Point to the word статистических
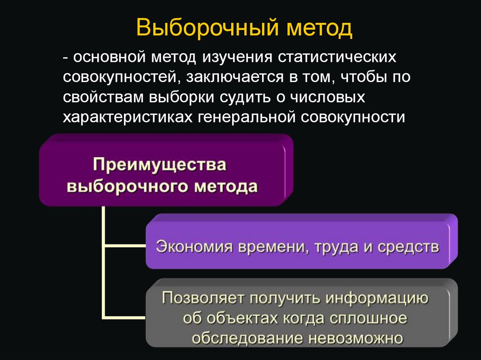pyautogui.click(x=338, y=57)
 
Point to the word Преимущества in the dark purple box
pyautogui.click(x=159, y=165)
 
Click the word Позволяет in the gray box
pyautogui.click(x=200, y=298)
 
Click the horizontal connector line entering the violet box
pyautogui.click(x=124, y=245)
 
